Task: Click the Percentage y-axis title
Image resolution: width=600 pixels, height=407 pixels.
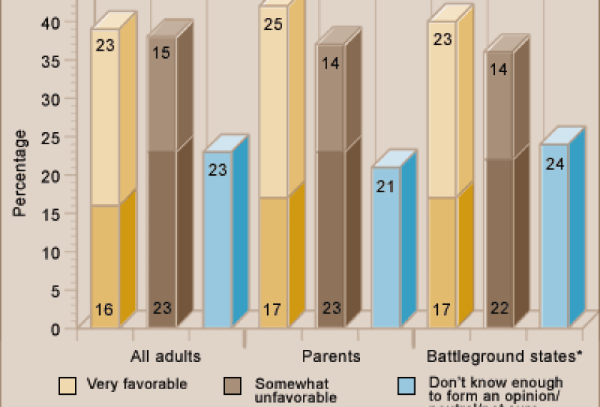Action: click(x=21, y=172)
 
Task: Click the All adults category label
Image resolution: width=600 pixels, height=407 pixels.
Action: click(x=165, y=356)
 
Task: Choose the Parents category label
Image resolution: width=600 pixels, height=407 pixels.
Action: click(x=331, y=356)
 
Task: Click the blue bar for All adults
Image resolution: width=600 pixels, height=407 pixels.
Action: click(x=218, y=243)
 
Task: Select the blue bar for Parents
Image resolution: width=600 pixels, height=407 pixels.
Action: click(x=386, y=250)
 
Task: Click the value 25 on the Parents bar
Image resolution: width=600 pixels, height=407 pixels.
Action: click(x=273, y=24)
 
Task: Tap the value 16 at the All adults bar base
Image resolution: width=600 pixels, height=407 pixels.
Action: click(x=104, y=309)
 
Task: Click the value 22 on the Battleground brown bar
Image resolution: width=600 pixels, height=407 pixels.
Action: click(x=499, y=308)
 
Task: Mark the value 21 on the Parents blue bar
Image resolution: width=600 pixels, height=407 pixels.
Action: click(x=386, y=187)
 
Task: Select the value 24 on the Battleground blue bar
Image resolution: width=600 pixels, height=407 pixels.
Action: click(x=555, y=164)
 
